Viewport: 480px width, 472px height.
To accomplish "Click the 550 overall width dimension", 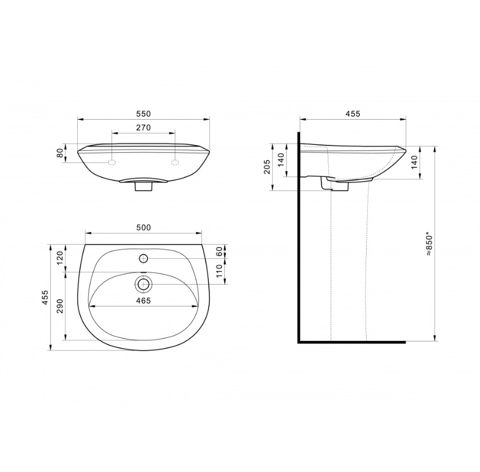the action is (x=144, y=113).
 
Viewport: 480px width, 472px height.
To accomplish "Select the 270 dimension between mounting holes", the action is (x=144, y=127).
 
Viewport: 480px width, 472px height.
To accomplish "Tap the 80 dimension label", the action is (x=61, y=152).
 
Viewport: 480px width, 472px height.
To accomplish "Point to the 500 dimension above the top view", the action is (x=144, y=227).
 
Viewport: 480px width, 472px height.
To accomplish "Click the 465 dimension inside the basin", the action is (x=144, y=301).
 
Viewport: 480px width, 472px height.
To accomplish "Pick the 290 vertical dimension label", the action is (x=59, y=306).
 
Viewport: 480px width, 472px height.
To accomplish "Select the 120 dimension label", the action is (x=59, y=258).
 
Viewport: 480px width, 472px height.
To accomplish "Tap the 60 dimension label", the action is (x=219, y=251).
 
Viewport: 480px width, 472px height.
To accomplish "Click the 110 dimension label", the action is (x=219, y=271).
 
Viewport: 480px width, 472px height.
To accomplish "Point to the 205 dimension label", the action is (x=267, y=167).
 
